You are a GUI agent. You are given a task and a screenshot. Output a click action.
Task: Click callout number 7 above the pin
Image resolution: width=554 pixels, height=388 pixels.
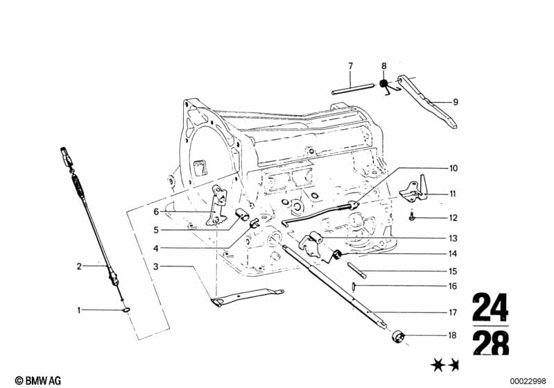[x=350, y=66]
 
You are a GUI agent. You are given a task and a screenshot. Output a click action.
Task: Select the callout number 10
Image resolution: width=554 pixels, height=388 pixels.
[x=453, y=169]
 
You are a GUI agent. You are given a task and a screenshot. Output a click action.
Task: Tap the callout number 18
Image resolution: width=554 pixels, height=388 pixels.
[x=453, y=335]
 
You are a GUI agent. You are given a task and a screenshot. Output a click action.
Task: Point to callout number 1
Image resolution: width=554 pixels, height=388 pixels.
[x=79, y=310]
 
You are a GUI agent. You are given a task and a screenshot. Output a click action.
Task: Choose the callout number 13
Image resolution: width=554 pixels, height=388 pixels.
[x=453, y=239]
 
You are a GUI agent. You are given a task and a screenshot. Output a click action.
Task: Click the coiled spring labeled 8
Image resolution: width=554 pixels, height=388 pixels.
[x=383, y=84]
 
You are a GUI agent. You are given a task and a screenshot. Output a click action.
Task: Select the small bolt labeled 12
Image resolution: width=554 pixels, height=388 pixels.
[x=412, y=217]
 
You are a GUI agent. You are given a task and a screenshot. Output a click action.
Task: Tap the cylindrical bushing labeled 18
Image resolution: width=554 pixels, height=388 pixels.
[x=398, y=337]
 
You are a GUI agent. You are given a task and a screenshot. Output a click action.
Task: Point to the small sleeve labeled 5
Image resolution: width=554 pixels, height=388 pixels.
[x=242, y=214]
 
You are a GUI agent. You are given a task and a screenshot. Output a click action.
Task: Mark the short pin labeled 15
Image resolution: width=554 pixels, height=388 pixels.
[x=356, y=270]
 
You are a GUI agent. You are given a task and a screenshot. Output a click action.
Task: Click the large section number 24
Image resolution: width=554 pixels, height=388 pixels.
[x=490, y=306]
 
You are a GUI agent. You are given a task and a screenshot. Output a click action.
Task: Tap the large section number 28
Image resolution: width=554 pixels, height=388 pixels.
[x=491, y=343]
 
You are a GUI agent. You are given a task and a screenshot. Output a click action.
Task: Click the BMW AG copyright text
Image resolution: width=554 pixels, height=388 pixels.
[x=38, y=380]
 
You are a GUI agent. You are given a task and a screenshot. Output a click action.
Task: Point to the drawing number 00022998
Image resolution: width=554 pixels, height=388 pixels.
[x=528, y=381]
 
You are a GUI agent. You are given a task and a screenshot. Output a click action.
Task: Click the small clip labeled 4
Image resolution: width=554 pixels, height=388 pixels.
[x=254, y=223]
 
